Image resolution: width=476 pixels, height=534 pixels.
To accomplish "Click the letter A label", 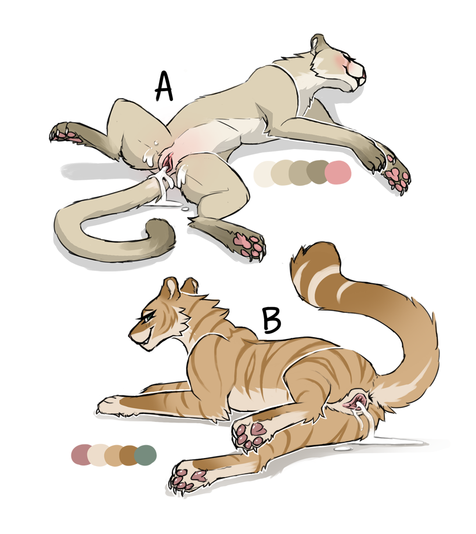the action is pos(164,86).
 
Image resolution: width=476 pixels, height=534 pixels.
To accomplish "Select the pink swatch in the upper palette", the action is pos(338,172).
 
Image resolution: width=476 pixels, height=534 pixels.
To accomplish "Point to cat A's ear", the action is pos(318,41).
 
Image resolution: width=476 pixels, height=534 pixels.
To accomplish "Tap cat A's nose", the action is pos(363,73).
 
